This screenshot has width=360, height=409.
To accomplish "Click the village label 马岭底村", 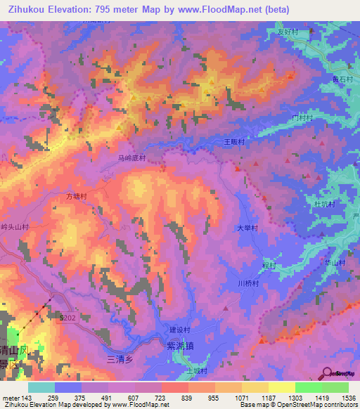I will [x=131, y=159].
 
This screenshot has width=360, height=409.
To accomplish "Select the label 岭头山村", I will [x=15, y=227].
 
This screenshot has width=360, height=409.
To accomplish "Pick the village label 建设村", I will [x=180, y=330].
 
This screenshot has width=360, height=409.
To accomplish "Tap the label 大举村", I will [x=247, y=228].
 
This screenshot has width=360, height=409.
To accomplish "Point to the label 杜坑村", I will [x=323, y=204].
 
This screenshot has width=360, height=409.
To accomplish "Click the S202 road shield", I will [x=67, y=318].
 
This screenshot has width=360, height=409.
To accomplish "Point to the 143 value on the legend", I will [x=27, y=397].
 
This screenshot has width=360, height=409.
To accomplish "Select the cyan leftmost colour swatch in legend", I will [x=41, y=387].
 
